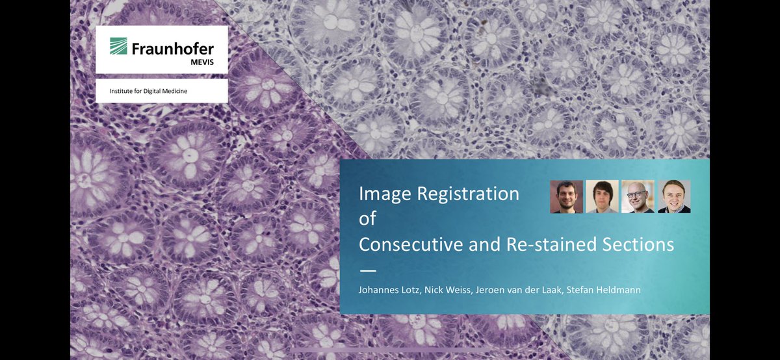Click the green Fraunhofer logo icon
(118, 45)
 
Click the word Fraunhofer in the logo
(172, 49)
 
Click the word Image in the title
(386, 194)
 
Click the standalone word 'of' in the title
(368, 219)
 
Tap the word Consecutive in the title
(411, 244)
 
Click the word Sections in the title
(640, 244)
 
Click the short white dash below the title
(368, 269)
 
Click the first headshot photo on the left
(566, 196)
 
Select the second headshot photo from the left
(602, 196)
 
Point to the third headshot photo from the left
(638, 196)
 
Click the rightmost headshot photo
(674, 196)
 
